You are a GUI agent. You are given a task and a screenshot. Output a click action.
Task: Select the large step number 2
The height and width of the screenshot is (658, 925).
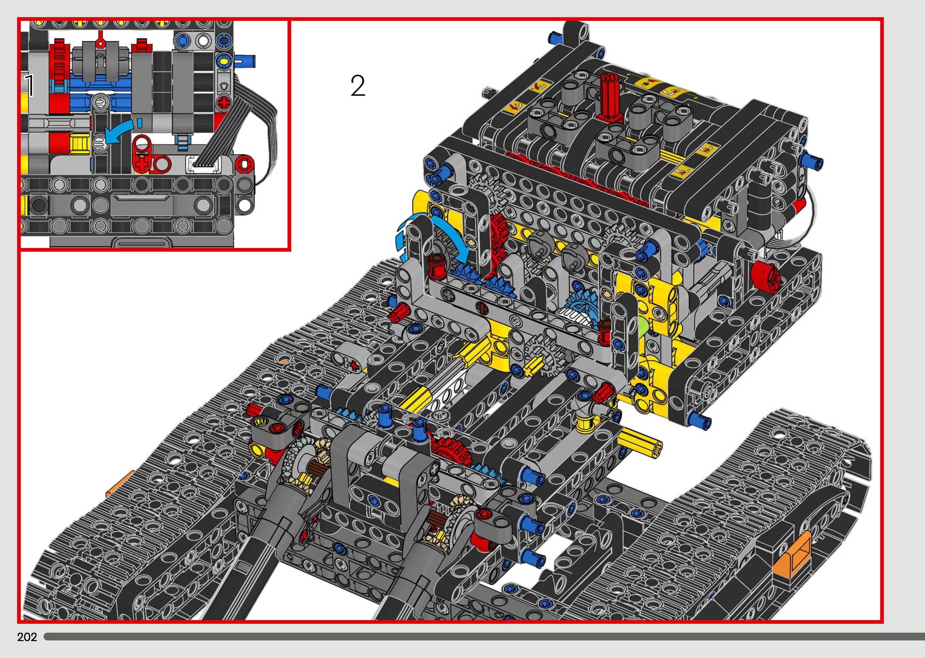click(x=358, y=86)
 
